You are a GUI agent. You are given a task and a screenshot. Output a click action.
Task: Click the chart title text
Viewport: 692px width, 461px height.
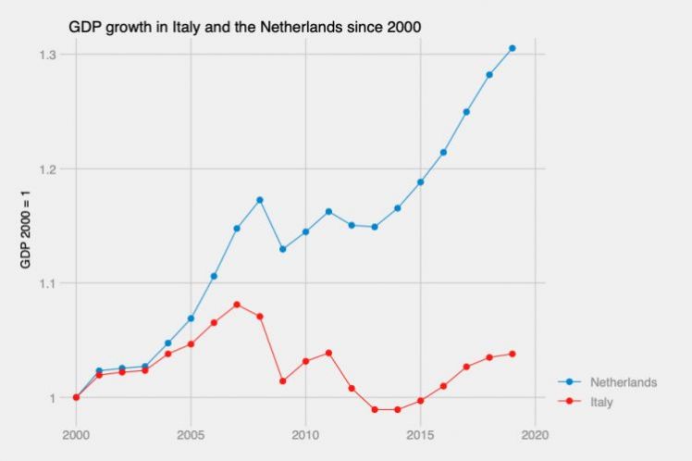(x=245, y=27)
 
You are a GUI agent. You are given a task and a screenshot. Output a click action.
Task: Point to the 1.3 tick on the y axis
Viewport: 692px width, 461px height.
(x=47, y=55)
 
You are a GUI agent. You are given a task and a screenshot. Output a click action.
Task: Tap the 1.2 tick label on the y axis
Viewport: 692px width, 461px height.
(x=47, y=168)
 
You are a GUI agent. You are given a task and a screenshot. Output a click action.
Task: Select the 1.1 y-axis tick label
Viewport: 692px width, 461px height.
(x=47, y=283)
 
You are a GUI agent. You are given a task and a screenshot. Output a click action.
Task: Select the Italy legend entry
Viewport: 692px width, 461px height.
(x=601, y=403)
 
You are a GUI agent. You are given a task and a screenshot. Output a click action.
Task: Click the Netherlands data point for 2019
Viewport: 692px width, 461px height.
(x=513, y=48)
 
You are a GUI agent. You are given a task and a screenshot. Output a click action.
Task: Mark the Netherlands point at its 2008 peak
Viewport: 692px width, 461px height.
(x=260, y=200)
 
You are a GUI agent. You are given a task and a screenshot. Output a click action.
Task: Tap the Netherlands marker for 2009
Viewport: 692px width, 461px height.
(x=283, y=249)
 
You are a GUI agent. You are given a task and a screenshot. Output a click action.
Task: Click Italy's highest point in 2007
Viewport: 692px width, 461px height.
(x=237, y=305)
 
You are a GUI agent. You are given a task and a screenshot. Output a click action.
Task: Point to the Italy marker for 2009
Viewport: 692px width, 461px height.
(x=283, y=381)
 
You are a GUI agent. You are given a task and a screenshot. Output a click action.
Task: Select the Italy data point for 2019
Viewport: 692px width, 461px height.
(x=513, y=354)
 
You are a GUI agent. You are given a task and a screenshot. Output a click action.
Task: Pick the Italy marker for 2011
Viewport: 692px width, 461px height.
(x=328, y=353)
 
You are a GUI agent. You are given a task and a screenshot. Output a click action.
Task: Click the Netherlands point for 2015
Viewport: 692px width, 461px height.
(x=421, y=182)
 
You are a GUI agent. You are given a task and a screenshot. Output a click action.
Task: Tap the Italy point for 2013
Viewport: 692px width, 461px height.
(x=375, y=409)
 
